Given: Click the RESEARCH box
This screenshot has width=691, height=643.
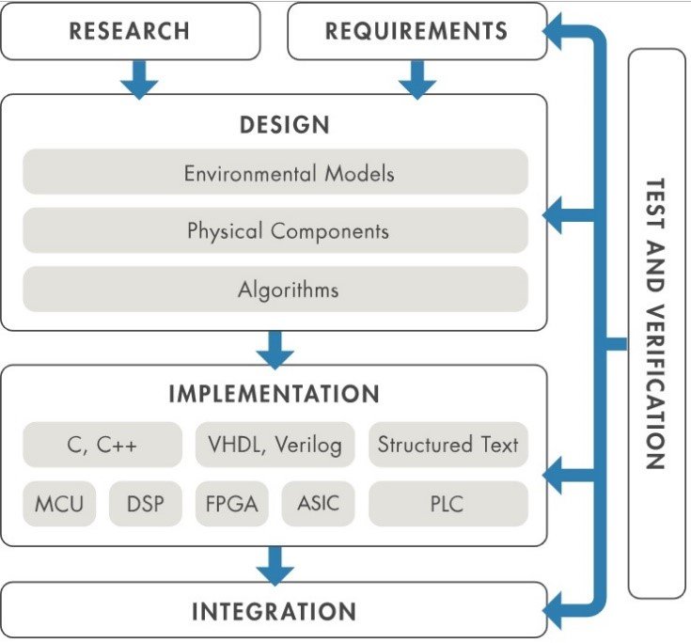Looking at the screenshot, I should (130, 30).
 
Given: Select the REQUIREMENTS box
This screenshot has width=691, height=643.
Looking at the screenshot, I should (416, 30).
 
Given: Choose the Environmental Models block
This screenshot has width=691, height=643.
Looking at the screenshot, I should (275, 174).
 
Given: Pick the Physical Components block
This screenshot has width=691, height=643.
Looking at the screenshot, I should (275, 230).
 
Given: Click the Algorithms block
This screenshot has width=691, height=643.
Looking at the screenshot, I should (275, 290).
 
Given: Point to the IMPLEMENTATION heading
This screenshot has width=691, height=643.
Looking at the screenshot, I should (274, 393).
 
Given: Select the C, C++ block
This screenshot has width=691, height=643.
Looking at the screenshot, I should (102, 445).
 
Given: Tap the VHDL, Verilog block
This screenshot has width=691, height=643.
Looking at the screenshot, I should (275, 445).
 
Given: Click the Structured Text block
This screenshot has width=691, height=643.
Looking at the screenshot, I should (448, 445).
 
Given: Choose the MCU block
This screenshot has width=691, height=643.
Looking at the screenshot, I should (59, 504).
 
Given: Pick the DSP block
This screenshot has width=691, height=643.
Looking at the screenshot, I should (145, 504).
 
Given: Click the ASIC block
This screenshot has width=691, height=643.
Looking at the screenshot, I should (317, 504).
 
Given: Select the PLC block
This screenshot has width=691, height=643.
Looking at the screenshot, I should (448, 504).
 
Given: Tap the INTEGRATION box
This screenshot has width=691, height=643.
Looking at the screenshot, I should (274, 612).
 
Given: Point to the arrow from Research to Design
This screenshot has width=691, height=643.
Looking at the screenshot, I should (139, 77).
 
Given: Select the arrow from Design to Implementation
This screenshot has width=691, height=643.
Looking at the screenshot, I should (275, 348).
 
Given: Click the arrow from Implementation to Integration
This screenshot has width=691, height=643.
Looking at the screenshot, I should (275, 564).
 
